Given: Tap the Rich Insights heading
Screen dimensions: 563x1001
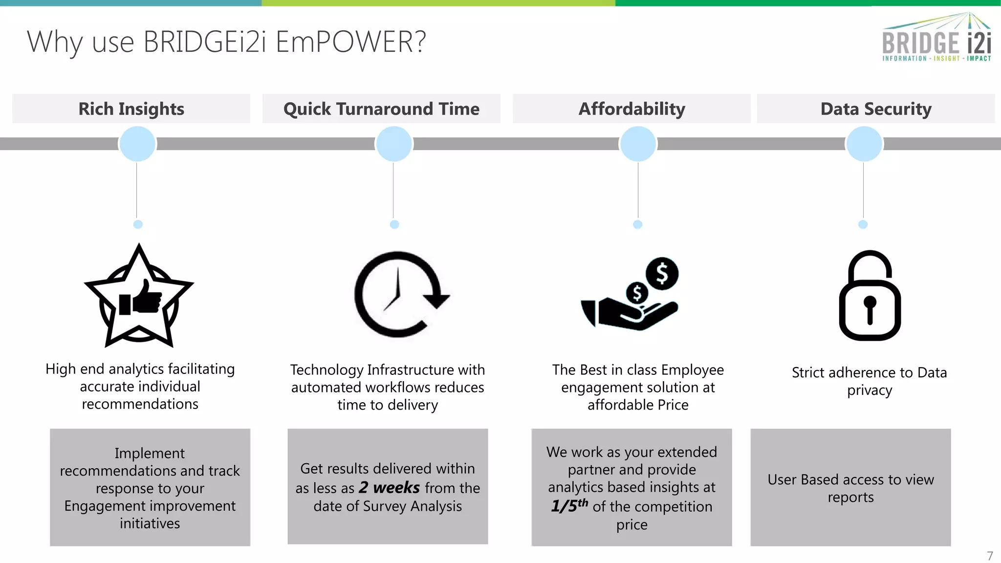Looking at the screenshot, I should [x=131, y=108].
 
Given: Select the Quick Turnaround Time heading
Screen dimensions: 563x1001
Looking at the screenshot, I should [x=381, y=108].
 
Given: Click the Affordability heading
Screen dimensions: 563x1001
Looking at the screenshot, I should [x=631, y=108].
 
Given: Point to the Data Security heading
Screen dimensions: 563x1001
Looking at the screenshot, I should [x=876, y=108].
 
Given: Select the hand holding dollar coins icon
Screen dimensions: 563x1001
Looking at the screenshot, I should [x=631, y=296].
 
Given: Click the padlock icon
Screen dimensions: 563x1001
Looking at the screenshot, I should [x=870, y=296].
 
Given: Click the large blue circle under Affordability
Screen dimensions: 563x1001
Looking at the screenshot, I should [x=638, y=144].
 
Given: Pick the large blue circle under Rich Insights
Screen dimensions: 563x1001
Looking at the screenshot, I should [x=137, y=144].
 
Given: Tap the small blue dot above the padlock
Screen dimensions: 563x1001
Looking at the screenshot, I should [x=863, y=224].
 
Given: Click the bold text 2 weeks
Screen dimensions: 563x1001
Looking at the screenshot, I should [x=389, y=488].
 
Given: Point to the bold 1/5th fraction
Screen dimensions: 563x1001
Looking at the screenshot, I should [x=569, y=506].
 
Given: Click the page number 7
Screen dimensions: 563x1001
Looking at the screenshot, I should [x=990, y=556].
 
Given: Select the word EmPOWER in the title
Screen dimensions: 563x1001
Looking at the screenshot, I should [x=350, y=42].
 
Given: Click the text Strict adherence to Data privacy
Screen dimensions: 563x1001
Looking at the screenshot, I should [x=869, y=381].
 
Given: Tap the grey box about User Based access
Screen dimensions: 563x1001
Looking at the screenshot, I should [x=850, y=487].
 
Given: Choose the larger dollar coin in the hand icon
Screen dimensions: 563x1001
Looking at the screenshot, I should [x=662, y=274].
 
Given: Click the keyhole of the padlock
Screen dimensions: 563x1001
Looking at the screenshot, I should [x=870, y=308].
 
